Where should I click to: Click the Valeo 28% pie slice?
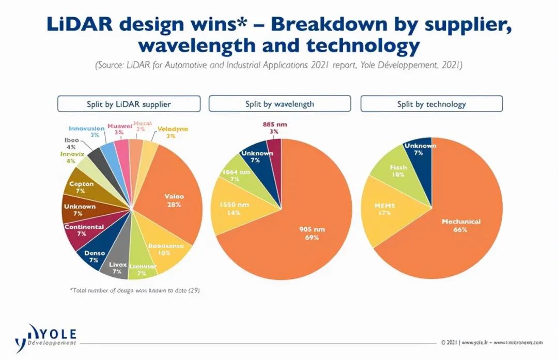pos(173,200)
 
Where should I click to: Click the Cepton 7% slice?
pos(82,187)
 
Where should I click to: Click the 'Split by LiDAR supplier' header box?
pos(129,104)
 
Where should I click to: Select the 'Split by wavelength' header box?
pos(280,104)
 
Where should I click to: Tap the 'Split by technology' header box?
pos(431,104)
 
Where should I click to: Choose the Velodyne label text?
pos(173,129)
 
